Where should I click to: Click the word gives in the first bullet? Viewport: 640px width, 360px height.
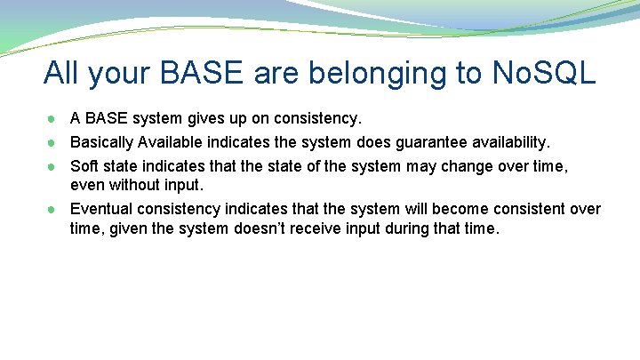tap(204, 118)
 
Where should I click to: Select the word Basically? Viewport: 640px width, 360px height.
tap(101, 142)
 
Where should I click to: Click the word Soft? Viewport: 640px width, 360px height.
tap(84, 166)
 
